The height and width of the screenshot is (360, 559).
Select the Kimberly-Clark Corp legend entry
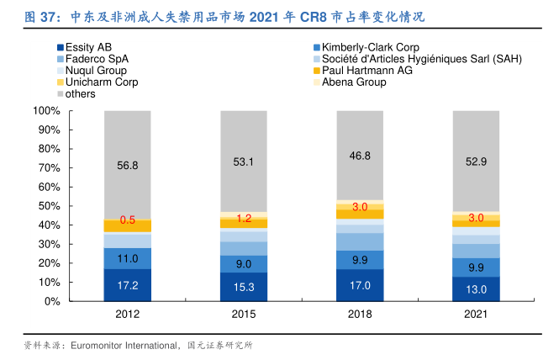pyautogui.click(x=370, y=48)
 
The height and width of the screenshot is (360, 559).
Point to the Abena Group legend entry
pyautogui.click(x=353, y=82)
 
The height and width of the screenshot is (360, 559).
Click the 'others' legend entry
pyautogui.click(x=81, y=94)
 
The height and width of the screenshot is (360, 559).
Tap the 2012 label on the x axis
pyautogui.click(x=128, y=314)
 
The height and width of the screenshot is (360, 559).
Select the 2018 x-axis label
pyautogui.click(x=360, y=314)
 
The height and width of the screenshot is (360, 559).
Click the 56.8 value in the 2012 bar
pyautogui.click(x=128, y=166)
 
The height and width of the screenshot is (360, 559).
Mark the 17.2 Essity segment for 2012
pyautogui.click(x=128, y=285)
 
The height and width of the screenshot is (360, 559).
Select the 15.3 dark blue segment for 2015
pyautogui.click(x=244, y=287)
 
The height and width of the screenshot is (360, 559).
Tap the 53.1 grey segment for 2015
pyautogui.click(x=244, y=161)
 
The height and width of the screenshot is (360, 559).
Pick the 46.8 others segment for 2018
pyautogui.click(x=360, y=156)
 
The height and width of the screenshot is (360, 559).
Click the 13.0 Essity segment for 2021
pyautogui.click(x=476, y=289)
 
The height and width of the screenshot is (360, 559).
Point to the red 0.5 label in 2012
pyautogui.click(x=128, y=220)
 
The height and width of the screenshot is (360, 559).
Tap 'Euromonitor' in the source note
pyautogui.click(x=99, y=345)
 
